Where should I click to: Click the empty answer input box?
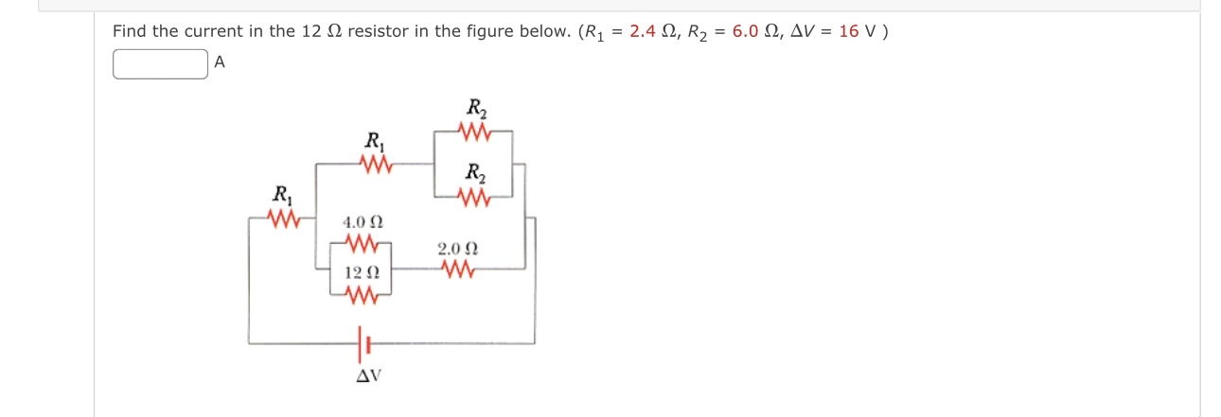[x=160, y=64]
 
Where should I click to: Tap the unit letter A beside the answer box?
[x=220, y=63]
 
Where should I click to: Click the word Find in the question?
[x=131, y=31]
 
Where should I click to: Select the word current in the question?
[x=198, y=31]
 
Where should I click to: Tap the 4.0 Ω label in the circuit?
[x=363, y=223]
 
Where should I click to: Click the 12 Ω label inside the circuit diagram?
[x=362, y=272]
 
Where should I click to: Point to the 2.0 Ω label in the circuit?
[x=458, y=250]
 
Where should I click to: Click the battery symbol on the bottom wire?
[x=362, y=344]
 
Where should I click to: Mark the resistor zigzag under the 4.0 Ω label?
[x=363, y=245]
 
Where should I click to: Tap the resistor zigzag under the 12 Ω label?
[x=363, y=296]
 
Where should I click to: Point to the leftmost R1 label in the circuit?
[x=281, y=195]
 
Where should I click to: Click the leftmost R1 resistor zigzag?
[x=282, y=220]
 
